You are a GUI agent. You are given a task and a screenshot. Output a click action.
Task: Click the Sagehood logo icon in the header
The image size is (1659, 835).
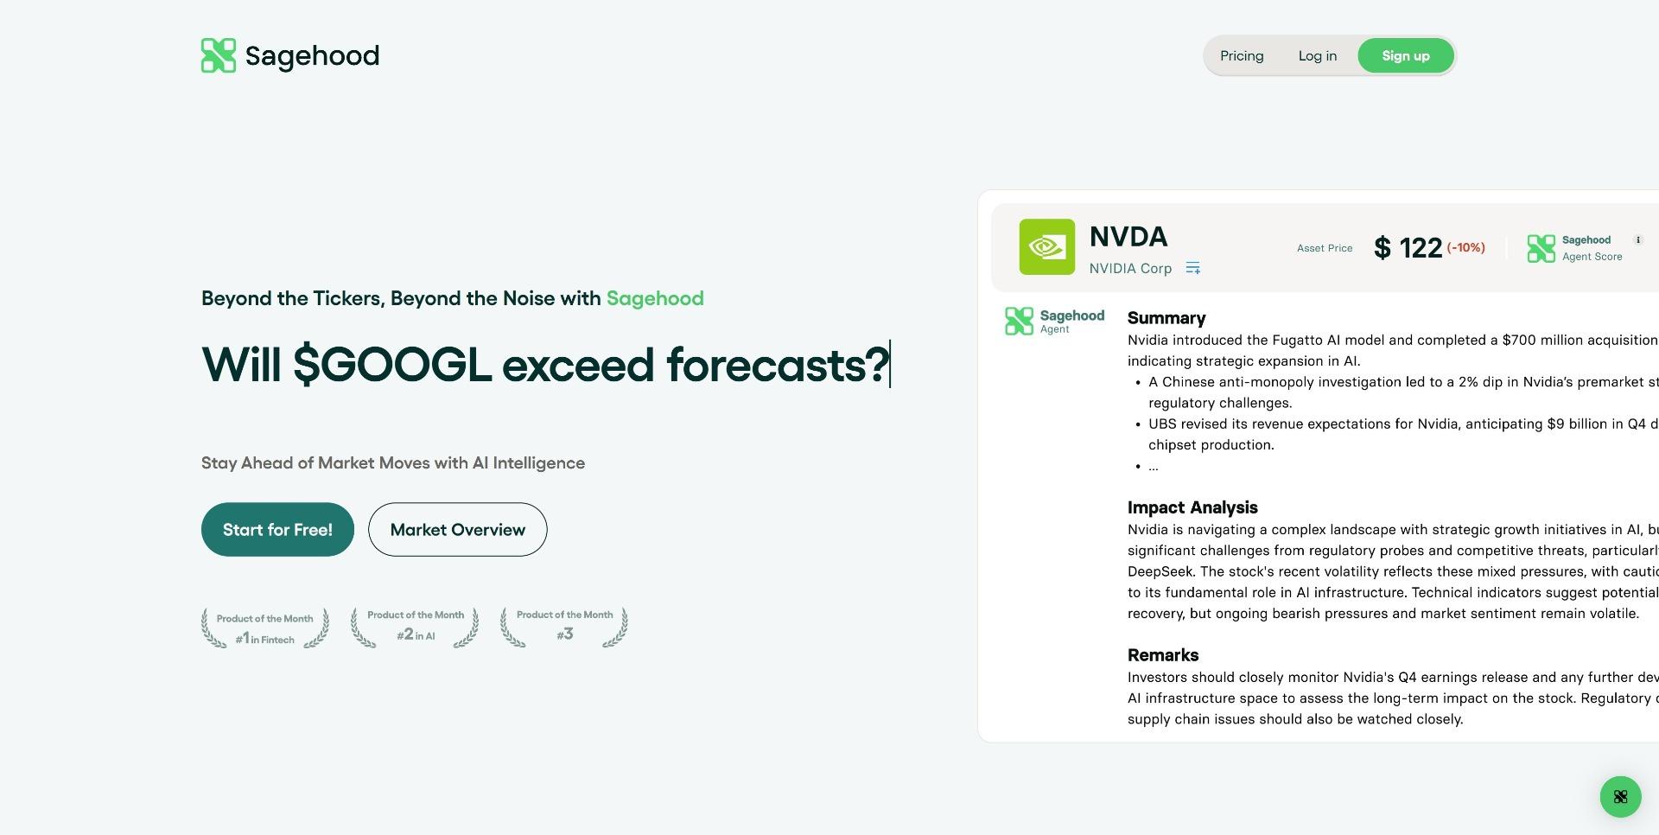click(219, 55)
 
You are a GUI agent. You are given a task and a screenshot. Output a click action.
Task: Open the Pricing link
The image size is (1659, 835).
click(1242, 56)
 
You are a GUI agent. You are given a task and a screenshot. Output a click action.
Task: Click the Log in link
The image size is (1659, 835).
click(1318, 56)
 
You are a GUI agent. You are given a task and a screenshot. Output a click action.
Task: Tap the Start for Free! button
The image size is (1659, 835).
click(277, 529)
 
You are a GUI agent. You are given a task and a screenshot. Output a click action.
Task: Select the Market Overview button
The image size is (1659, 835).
click(457, 529)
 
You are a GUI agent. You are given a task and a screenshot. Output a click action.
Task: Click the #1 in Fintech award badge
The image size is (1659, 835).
click(265, 628)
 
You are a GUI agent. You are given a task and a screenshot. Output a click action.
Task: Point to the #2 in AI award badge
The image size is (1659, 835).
click(415, 627)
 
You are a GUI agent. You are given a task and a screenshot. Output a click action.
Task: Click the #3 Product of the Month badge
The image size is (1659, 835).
click(564, 627)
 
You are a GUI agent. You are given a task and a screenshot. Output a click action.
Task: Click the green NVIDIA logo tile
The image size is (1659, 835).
click(1047, 247)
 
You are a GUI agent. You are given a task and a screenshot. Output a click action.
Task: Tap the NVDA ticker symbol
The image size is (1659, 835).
click(1128, 236)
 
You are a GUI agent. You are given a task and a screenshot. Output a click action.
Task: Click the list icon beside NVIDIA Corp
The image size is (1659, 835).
click(1193, 268)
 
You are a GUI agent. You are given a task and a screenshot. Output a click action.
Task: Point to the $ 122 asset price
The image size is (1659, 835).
click(1408, 248)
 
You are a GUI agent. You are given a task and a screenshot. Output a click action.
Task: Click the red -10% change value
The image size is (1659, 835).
click(1466, 247)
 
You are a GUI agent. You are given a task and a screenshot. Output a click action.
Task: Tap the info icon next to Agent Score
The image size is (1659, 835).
click(1637, 240)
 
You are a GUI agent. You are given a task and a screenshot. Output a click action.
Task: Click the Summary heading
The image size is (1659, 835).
click(1166, 318)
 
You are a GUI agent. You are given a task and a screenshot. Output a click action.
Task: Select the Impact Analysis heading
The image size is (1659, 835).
click(1192, 507)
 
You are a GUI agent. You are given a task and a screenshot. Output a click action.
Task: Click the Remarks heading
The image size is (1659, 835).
click(1163, 655)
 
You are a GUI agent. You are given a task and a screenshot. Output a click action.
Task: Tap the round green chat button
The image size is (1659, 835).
click(1620, 796)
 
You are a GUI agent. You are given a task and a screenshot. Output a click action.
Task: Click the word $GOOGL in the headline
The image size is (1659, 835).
click(392, 365)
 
